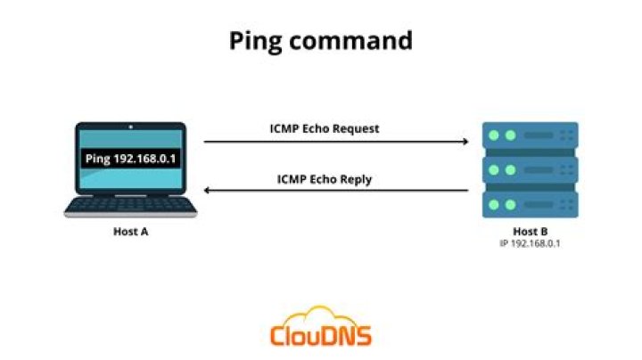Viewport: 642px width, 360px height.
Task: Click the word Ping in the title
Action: pyautogui.click(x=253, y=41)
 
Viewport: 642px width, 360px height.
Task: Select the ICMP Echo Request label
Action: pyautogui.click(x=325, y=128)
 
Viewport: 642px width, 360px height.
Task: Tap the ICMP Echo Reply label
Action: pyautogui.click(x=325, y=179)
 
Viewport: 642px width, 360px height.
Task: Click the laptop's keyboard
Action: pyautogui.click(x=130, y=205)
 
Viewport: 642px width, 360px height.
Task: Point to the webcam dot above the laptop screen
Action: pyautogui.click(x=130, y=127)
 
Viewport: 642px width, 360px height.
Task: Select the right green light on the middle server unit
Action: pyautogui.click(x=511, y=169)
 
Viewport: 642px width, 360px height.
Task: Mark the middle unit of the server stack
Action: pyautogui.click(x=530, y=169)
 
